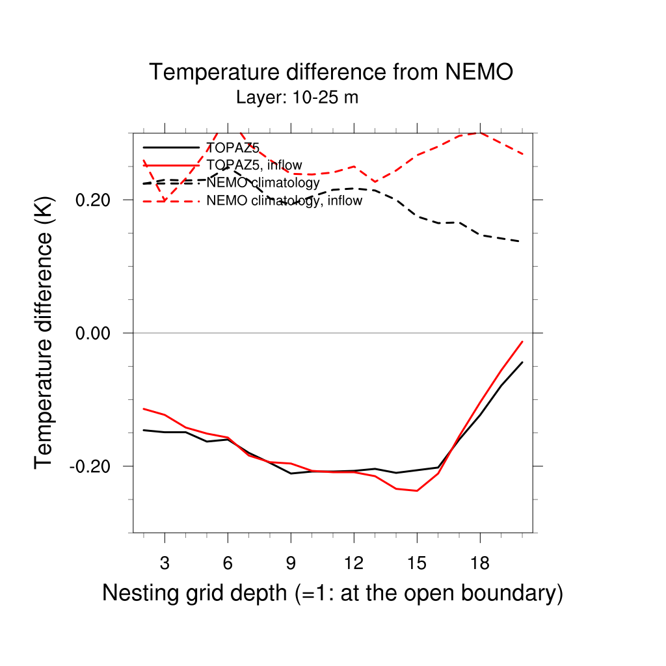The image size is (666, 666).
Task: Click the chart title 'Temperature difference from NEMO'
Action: click(332, 72)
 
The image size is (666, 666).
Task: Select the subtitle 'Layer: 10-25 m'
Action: click(297, 98)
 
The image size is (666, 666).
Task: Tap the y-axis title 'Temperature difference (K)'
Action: click(44, 332)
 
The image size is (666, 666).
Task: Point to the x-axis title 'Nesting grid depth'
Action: click(332, 593)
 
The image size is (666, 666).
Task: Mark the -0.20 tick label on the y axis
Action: click(93, 466)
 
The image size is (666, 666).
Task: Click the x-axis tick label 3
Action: click(165, 564)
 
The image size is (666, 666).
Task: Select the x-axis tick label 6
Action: click(228, 564)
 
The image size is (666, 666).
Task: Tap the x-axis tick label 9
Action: click(291, 564)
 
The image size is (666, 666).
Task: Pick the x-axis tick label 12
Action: click(353, 564)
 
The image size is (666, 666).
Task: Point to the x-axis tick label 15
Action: click(416, 564)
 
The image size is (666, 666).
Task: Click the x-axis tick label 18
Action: click(479, 564)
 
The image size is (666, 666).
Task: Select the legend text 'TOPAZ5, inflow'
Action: click(254, 165)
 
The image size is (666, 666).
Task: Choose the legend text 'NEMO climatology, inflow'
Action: click(284, 201)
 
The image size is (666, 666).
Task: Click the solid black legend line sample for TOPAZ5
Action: click(171, 148)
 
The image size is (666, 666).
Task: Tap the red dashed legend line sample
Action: click(171, 201)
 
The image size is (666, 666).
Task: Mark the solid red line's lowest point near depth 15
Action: click(416, 491)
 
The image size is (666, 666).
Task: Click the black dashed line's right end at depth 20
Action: click(522, 242)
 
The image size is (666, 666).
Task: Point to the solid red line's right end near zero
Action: click(522, 341)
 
